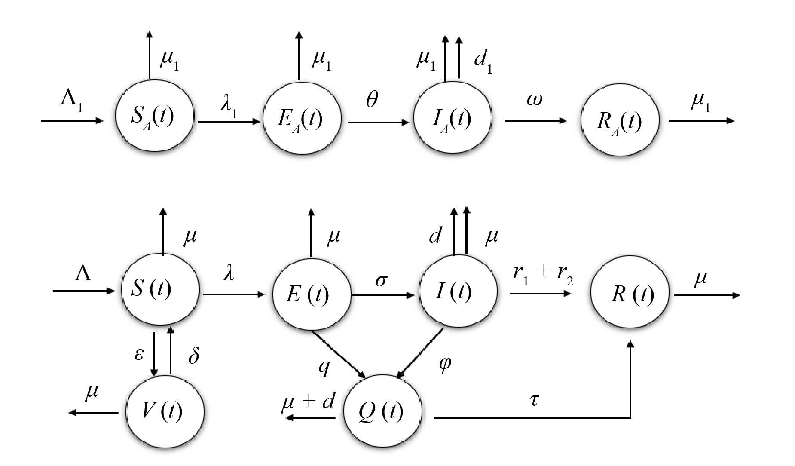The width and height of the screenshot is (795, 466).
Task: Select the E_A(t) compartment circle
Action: tap(302, 118)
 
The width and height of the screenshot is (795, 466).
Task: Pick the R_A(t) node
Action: tap(619, 120)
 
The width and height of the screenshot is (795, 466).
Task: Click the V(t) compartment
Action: tap(165, 411)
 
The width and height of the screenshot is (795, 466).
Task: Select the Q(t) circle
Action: tap(382, 411)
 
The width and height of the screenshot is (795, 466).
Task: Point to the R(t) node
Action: tap(630, 294)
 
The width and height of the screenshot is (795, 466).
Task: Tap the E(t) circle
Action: tap(311, 294)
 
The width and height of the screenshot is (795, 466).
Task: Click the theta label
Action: tap(372, 99)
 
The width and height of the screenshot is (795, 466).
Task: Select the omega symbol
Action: tap(534, 100)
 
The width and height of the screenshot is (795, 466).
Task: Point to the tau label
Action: tap(534, 400)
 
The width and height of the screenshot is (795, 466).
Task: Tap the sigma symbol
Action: tap(381, 280)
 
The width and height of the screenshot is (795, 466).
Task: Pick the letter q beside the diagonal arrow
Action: tap(324, 366)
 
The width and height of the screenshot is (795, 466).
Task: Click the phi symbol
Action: tap(445, 364)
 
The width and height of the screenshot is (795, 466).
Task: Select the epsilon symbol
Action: tap(139, 353)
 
